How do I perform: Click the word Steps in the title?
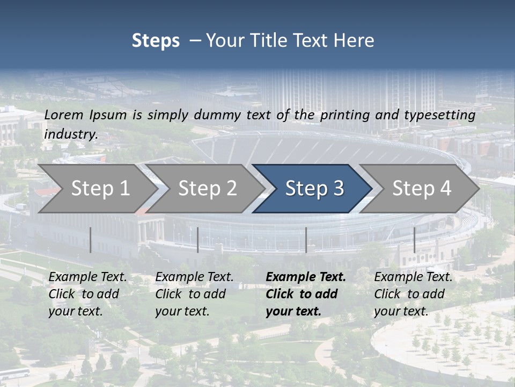156,41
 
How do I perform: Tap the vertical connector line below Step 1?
91,240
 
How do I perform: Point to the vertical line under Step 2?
198,240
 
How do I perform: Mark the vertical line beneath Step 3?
306,240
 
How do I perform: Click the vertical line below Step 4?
414,240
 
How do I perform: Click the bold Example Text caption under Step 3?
306,294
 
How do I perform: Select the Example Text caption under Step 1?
87,294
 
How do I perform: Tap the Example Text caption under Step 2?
194,294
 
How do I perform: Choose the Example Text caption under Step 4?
413,294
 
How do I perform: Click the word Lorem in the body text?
64,114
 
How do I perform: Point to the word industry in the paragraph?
71,134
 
